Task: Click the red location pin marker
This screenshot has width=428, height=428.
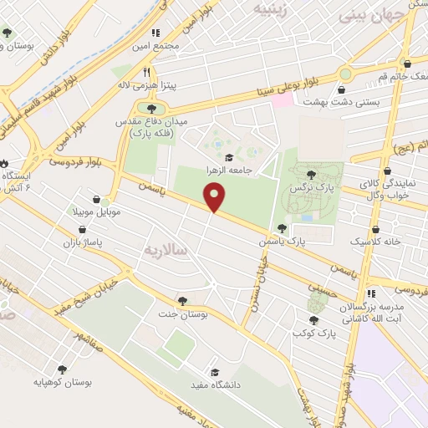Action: [216, 197]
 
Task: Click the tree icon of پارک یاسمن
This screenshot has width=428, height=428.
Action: [282, 228]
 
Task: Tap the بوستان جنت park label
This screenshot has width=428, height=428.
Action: [181, 313]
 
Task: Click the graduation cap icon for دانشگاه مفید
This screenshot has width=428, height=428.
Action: [216, 372]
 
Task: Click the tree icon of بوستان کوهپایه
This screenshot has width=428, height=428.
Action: [61, 369]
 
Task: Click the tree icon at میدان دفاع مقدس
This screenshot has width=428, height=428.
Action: [150, 108]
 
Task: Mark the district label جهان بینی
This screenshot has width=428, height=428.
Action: [362, 15]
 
